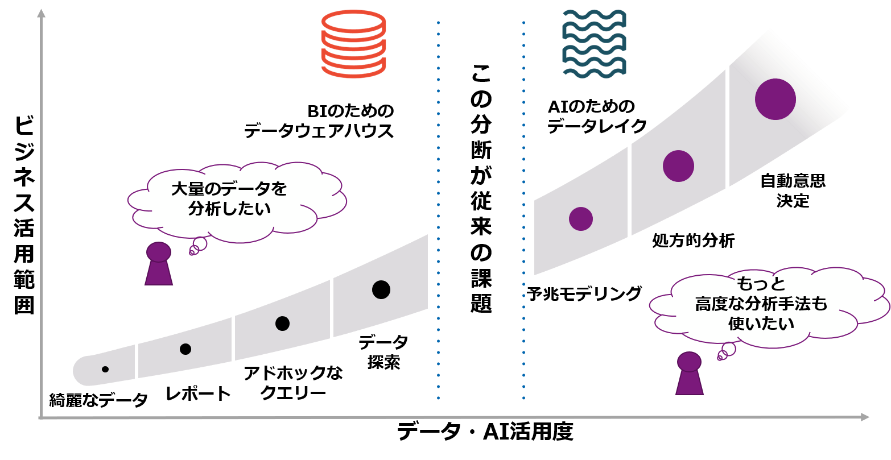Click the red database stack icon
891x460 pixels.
[353, 44]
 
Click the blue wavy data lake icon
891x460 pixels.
[594, 43]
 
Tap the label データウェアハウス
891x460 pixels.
[319, 131]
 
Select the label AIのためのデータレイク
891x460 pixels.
[597, 117]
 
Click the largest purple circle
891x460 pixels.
[775, 99]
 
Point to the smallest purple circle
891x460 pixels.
[580, 219]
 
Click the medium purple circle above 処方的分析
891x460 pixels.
[678, 166]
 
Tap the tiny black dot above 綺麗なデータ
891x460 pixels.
[105, 370]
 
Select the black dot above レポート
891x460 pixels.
[185, 349]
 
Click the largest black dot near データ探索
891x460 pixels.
[381, 289]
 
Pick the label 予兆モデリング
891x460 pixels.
[584, 294]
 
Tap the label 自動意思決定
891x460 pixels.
[793, 191]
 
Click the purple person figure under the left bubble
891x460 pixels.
[159, 264]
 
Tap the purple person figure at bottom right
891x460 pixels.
[689, 374]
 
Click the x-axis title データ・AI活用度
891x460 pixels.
[485, 432]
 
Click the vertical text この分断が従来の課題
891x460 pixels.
[481, 188]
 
